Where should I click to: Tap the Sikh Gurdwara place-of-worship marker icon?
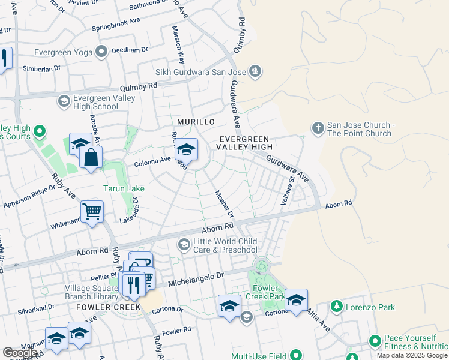pyautogui.click(x=256, y=72)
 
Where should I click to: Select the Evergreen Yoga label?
pyautogui.click(x=63, y=52)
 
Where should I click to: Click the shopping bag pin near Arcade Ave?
pyautogui.click(x=91, y=158)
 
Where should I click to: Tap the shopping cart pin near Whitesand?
pyautogui.click(x=92, y=212)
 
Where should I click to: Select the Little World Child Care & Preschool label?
pyautogui.click(x=224, y=245)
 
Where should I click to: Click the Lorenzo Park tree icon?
pyautogui.click(x=336, y=307)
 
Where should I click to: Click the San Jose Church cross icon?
pyautogui.click(x=318, y=127)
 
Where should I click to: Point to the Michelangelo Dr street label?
pyautogui.click(x=195, y=278)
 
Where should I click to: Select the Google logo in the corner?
pyautogui.click(x=20, y=353)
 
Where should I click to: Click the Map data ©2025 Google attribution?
pyautogui.click(x=412, y=355)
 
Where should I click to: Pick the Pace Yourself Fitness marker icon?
pyautogui.click(x=375, y=342)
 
